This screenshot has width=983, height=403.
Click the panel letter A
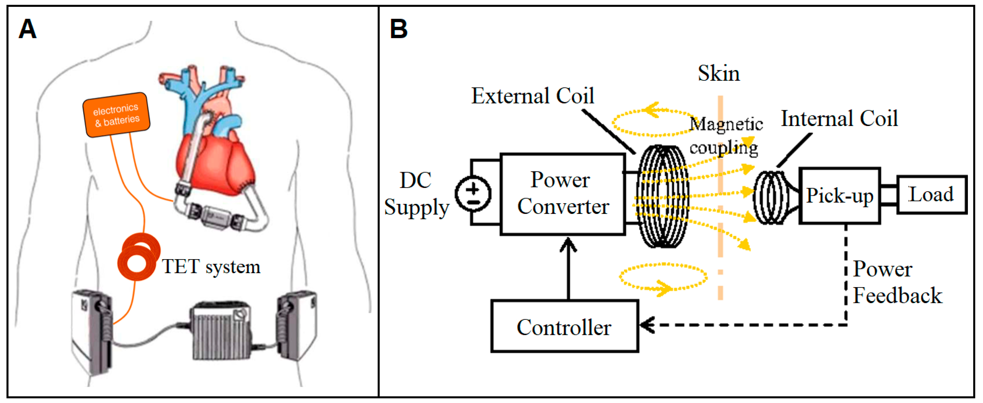[27, 29]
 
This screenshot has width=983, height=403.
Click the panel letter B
[399, 29]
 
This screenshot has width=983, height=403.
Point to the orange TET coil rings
[138, 257]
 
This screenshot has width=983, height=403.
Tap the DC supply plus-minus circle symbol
[473, 194]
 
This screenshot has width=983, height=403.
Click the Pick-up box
[840, 195]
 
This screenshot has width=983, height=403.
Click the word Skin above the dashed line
[719, 73]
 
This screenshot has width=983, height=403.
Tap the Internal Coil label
[839, 118]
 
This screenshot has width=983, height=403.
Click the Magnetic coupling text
[725, 135]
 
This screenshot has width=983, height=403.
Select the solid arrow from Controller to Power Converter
[568, 271]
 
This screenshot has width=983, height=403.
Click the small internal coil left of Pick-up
[770, 197]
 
